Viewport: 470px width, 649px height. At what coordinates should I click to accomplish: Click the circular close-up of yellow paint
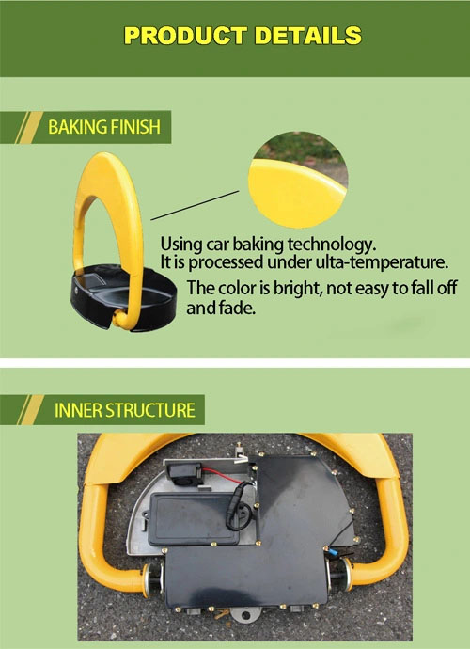click(x=298, y=180)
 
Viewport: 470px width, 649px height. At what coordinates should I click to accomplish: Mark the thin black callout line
click(x=195, y=205)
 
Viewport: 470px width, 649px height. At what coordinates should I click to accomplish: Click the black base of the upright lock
click(x=123, y=299)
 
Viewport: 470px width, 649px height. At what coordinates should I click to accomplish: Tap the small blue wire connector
click(x=333, y=552)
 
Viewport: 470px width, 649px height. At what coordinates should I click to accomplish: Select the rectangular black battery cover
click(x=194, y=518)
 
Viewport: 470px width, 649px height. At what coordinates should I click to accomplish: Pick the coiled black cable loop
click(x=240, y=507)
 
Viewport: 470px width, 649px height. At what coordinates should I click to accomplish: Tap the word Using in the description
click(x=181, y=245)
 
